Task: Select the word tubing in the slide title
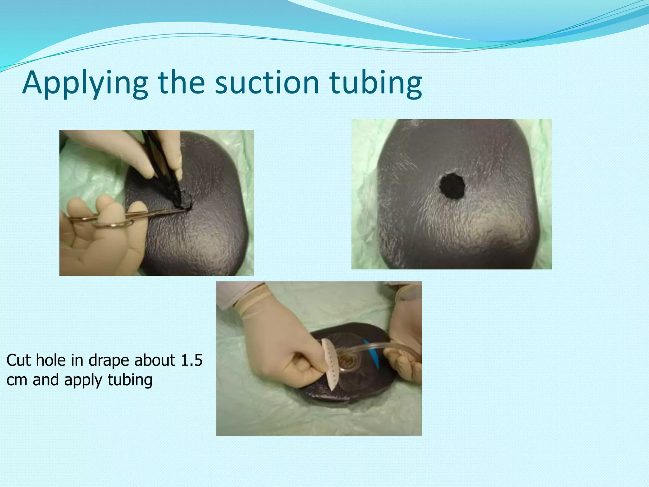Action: [x=376, y=83]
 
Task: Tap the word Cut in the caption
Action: [x=19, y=360]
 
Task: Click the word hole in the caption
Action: [x=51, y=360]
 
